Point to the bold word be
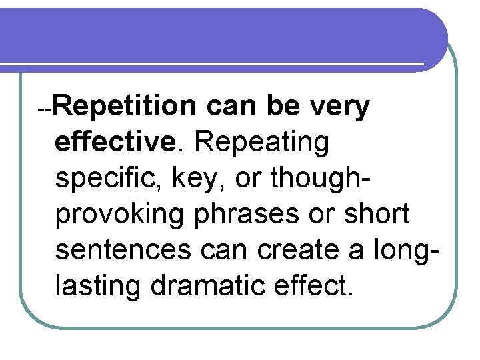click(x=283, y=107)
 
